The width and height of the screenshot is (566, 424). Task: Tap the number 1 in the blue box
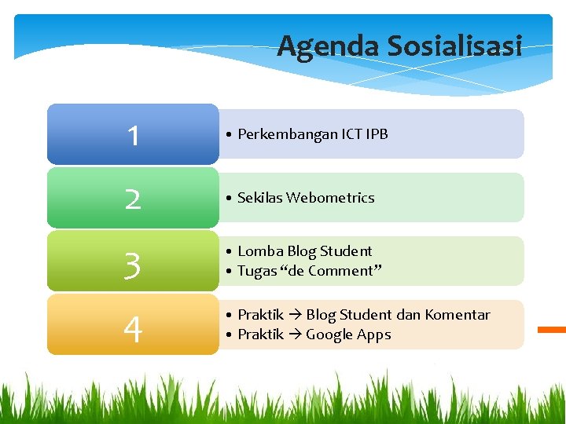[133, 136]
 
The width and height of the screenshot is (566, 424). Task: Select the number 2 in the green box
[133, 199]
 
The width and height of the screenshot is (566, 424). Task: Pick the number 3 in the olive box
[133, 265]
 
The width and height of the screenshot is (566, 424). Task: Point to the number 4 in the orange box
[133, 330]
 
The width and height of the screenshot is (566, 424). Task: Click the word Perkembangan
[287, 134]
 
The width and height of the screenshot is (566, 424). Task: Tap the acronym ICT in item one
[352, 134]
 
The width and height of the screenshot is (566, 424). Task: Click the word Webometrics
[330, 198]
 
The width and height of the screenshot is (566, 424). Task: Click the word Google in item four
[329, 334]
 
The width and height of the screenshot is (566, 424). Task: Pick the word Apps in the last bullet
[374, 334]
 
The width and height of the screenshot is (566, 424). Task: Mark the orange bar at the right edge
[551, 330]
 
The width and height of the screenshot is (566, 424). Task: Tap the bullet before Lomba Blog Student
[227, 252]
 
